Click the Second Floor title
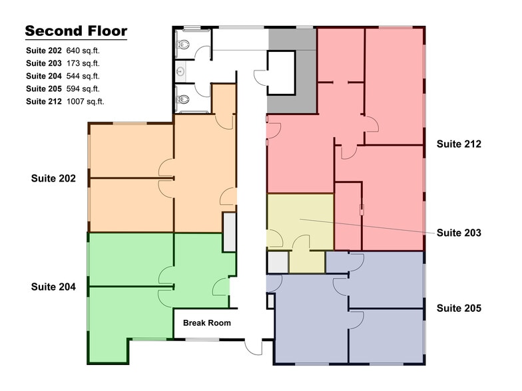coord(76,31)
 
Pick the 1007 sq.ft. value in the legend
coord(86,102)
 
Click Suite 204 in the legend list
coord(44,76)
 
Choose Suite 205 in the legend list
coord(44,89)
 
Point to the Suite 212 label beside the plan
coord(459,144)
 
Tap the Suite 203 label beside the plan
coord(459,233)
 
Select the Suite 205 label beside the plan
coord(459,309)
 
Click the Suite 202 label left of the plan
coord(53,178)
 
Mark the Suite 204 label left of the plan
coord(53,287)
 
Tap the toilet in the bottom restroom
coord(184,99)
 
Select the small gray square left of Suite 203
coord(276,263)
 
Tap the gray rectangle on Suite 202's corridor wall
coord(229,232)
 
